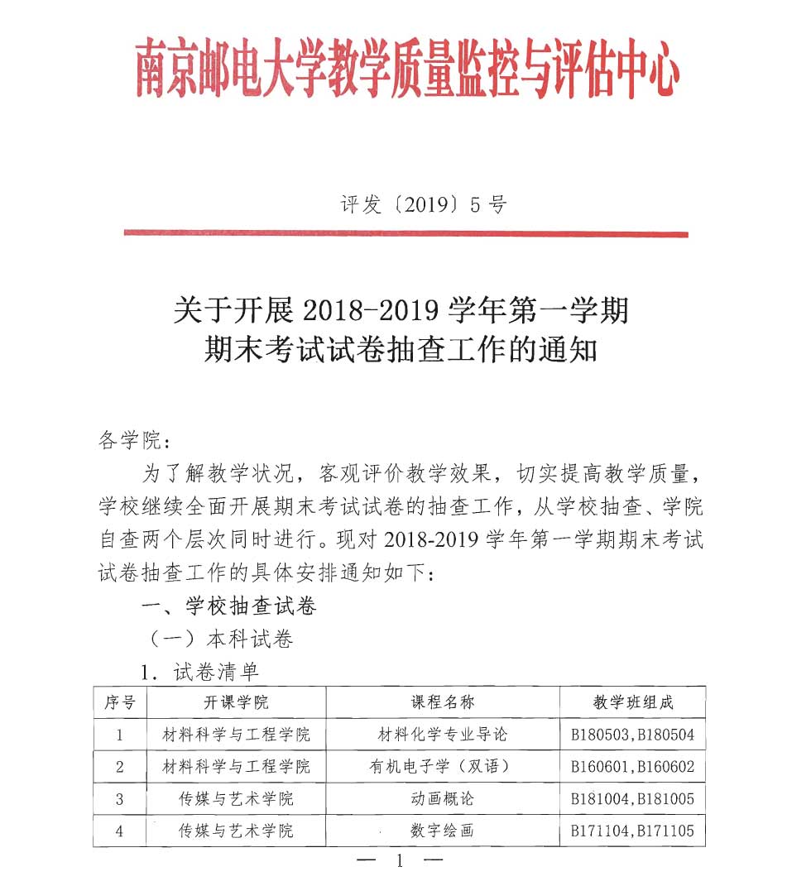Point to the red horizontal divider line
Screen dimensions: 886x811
coord(405,234)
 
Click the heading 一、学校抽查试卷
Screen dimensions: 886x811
coord(229,606)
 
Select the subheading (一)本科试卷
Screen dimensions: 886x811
coord(219,639)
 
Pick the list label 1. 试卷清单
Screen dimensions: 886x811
coord(200,672)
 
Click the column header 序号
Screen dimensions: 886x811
coord(119,702)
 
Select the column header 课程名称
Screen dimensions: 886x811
coord(443,702)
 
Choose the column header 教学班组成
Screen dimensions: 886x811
coord(633,702)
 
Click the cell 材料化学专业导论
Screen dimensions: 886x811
coord(443,735)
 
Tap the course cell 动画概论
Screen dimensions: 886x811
coord(443,799)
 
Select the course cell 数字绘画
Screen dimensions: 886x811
coord(443,831)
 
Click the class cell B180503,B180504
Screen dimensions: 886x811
coord(633,735)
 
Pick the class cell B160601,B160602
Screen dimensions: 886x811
coord(633,767)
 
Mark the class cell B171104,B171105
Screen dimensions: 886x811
coord(633,831)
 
